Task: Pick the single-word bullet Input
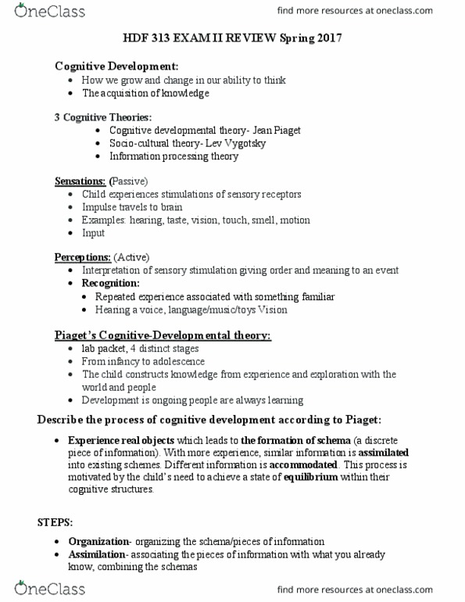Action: click(93, 232)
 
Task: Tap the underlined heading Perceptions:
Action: click(82, 257)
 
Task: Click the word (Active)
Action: click(131, 257)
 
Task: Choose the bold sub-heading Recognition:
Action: click(111, 283)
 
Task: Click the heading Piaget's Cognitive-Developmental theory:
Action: click(163, 335)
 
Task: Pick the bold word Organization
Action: click(98, 541)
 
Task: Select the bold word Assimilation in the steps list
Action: click(98, 554)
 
